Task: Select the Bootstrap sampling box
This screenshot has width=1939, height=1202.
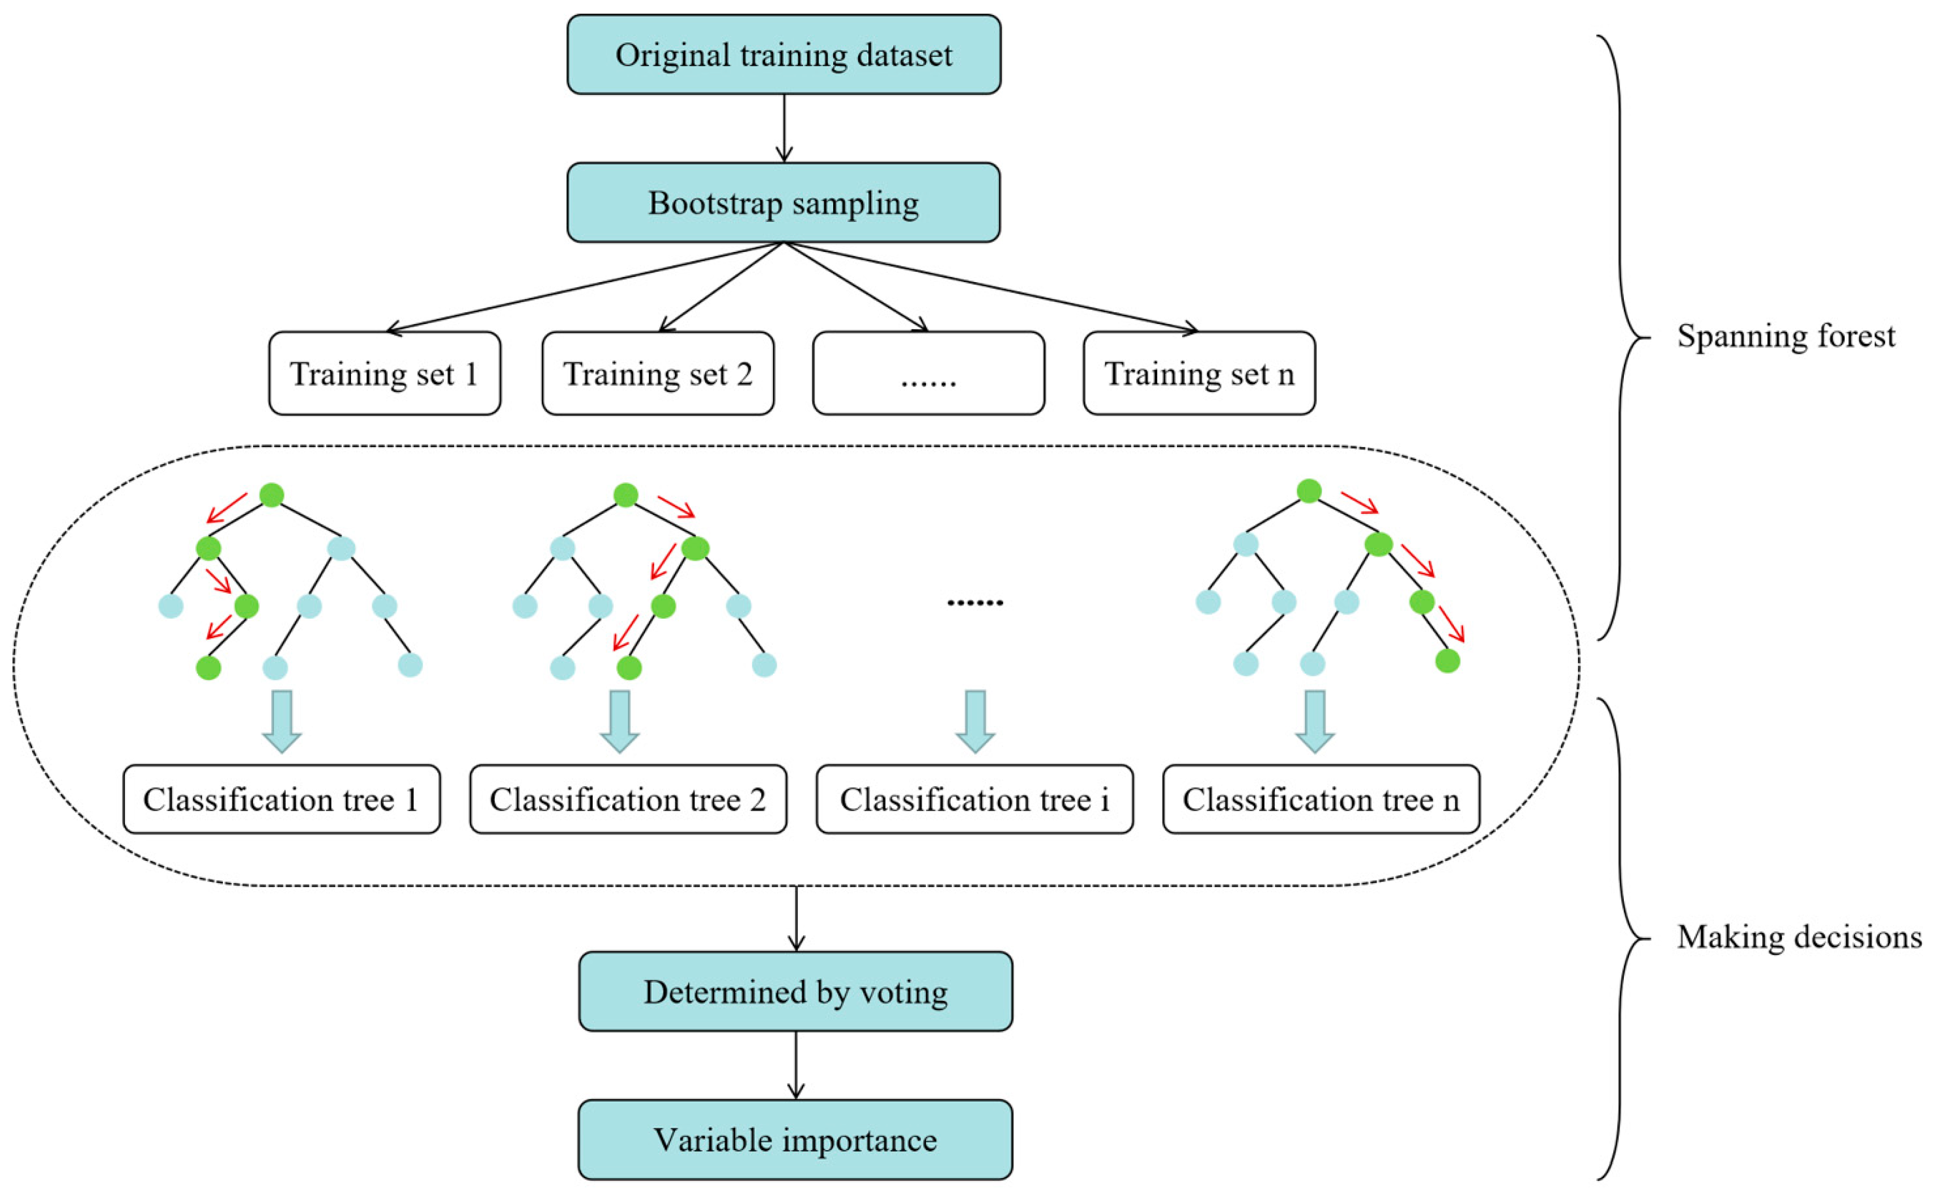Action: [x=783, y=203]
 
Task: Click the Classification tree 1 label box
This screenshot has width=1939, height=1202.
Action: [x=282, y=800]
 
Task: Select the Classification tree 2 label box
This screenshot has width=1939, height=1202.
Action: [x=628, y=800]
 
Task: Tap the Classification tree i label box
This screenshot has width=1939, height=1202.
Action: [x=974, y=800]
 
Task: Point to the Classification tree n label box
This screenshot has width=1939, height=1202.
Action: [x=1320, y=800]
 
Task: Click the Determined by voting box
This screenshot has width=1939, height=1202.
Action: [x=795, y=992]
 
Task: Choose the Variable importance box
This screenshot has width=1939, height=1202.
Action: [x=795, y=1140]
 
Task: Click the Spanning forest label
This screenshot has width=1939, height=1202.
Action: [x=1786, y=336]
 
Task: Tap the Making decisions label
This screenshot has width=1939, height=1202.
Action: [x=1799, y=937]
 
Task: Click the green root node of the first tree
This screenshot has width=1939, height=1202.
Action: [x=272, y=495]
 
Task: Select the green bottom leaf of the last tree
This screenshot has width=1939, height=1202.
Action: [x=1448, y=661]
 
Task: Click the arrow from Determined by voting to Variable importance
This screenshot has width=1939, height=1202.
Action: [x=795, y=1065]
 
